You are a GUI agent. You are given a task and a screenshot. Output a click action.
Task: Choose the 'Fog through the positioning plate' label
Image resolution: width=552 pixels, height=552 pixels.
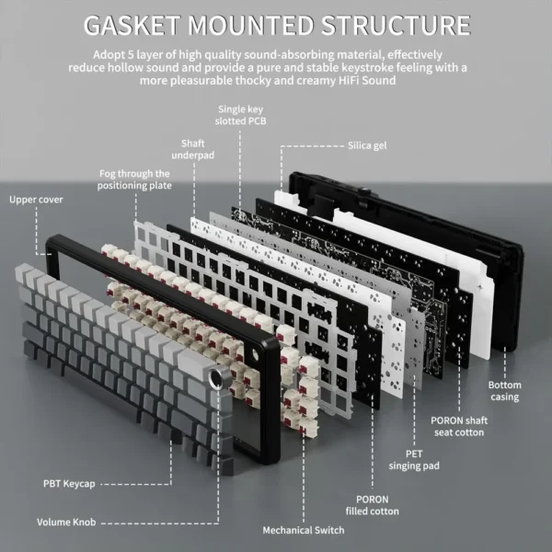(x=134, y=178)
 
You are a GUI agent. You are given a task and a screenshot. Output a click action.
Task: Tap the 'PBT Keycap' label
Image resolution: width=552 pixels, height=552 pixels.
(x=68, y=482)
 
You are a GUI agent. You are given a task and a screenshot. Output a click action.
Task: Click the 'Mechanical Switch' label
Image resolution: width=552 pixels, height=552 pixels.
(x=303, y=530)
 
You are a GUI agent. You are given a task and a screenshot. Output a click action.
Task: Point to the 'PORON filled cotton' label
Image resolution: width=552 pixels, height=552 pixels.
(x=373, y=504)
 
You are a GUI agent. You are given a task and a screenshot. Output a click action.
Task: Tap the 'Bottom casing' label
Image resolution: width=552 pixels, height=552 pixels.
(x=504, y=391)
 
